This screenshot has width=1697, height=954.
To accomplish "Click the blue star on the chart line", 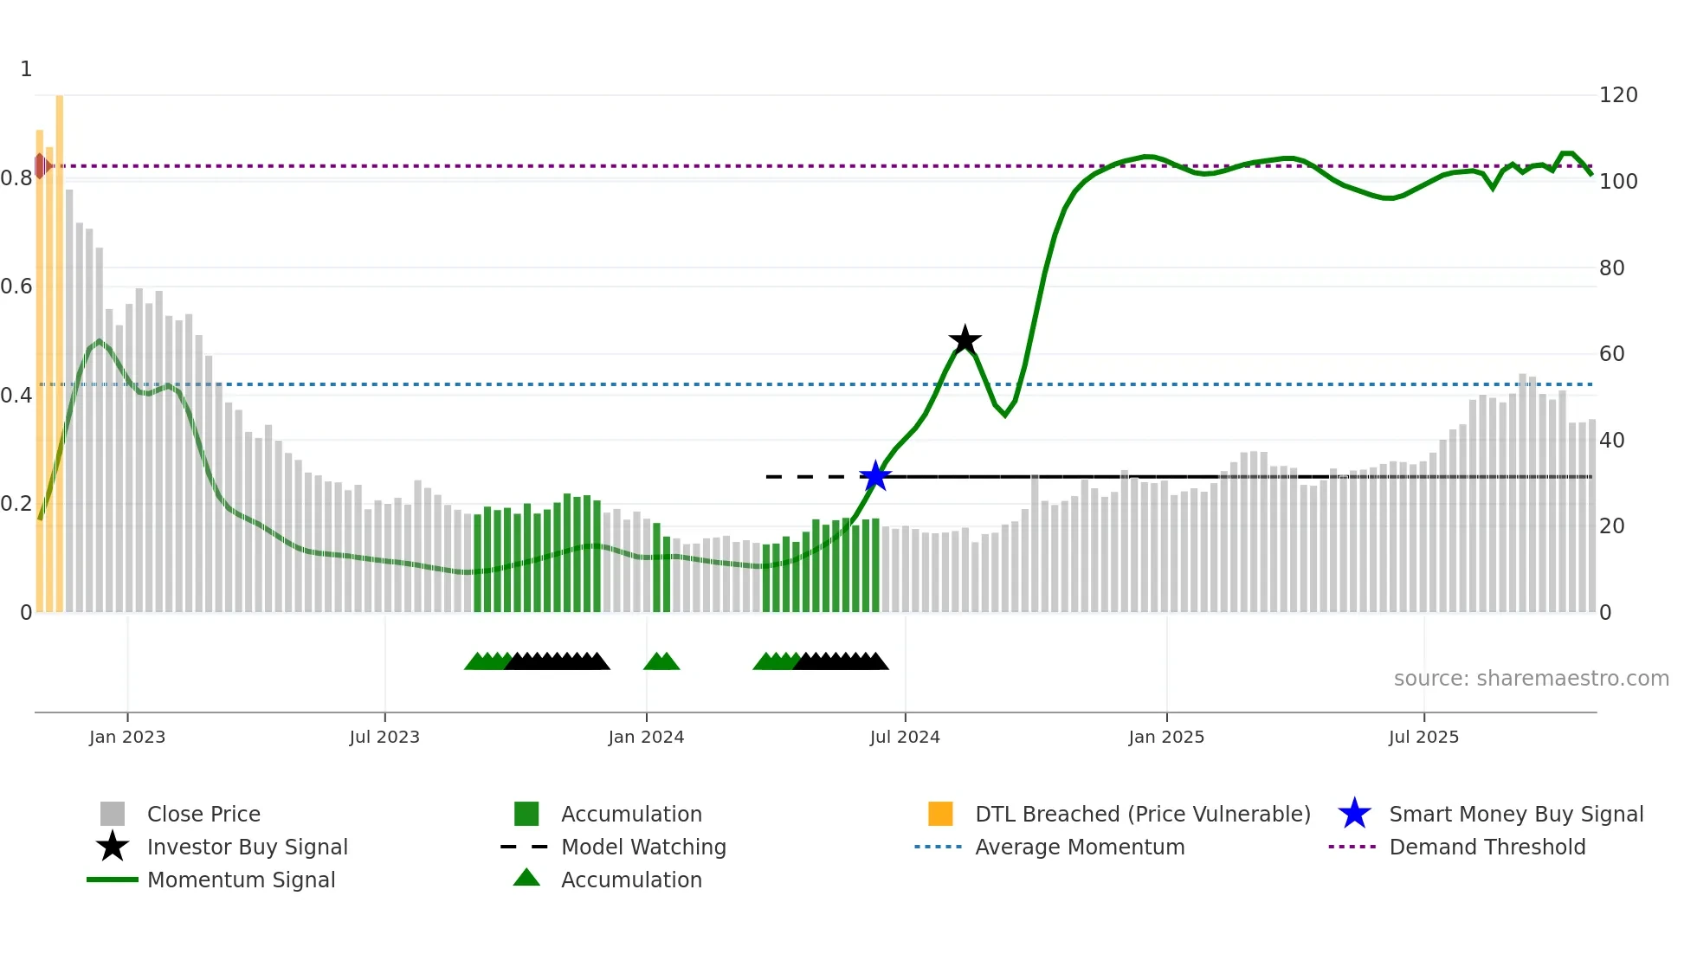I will (x=875, y=476).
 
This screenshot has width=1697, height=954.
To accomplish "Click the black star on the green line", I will (x=965, y=340).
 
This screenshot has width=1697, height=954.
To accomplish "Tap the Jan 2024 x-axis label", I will (x=646, y=737).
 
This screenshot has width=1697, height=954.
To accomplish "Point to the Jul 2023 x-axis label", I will (x=384, y=737).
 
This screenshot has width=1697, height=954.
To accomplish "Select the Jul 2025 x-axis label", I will (x=1423, y=737).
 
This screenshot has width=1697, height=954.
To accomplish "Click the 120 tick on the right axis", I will (x=1617, y=95).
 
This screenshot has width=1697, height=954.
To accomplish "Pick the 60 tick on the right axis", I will (x=1611, y=353).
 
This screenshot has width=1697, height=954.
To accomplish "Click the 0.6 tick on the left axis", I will (x=16, y=287).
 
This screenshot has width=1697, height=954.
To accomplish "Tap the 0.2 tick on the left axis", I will (x=16, y=503).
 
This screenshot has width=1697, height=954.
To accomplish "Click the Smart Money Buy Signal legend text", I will (x=1516, y=814).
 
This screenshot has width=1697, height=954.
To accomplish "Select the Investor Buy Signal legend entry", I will (x=247, y=847).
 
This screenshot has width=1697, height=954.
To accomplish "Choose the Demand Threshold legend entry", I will (x=1487, y=847).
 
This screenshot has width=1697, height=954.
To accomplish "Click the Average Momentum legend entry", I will (x=1079, y=847).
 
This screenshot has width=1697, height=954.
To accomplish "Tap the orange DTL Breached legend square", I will (x=940, y=814).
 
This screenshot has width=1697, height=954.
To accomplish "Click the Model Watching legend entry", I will (x=642, y=847).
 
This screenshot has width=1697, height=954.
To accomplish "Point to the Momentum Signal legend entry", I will (x=241, y=880).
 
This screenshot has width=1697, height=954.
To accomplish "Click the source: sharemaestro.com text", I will (x=1531, y=679).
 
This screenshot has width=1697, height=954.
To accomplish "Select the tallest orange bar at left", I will (x=60, y=346).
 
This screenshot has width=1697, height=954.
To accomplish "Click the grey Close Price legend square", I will (x=113, y=814).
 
